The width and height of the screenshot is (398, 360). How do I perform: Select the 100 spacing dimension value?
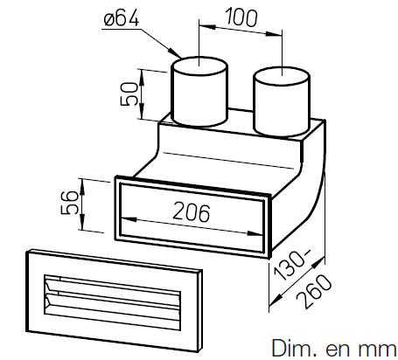[241, 17]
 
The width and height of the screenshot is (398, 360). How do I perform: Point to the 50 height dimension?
[129, 93]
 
